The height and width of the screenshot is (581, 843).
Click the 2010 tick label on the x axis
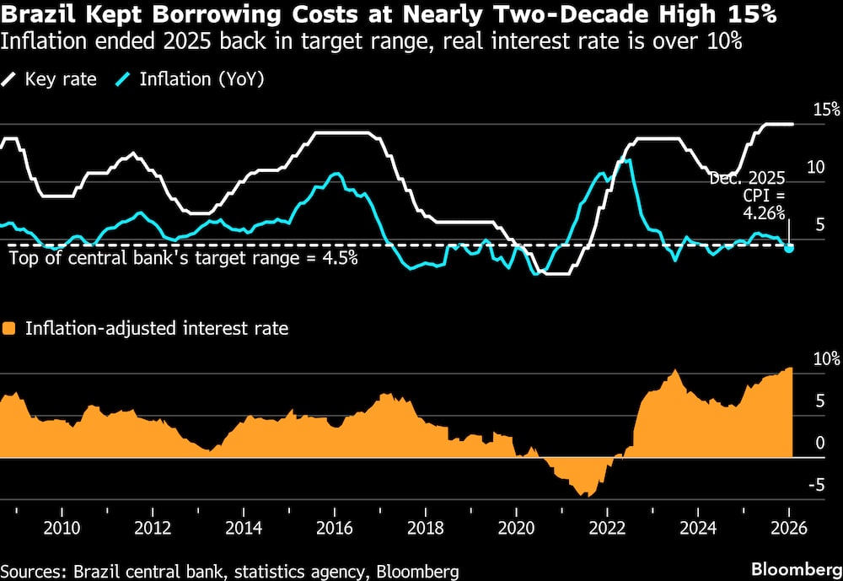62,528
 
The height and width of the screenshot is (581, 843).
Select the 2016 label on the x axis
334,528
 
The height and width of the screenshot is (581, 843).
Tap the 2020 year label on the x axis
515,528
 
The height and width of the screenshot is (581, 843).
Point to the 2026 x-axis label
787,528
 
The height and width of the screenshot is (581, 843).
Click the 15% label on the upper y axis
826,110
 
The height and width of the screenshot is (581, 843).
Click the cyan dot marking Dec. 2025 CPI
789,248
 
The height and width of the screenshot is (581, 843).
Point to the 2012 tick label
152,528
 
